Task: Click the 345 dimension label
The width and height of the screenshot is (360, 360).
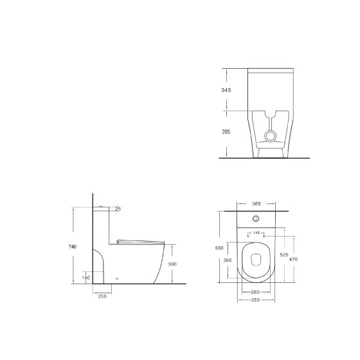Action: (226, 90)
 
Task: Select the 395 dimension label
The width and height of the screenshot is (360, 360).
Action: (226, 132)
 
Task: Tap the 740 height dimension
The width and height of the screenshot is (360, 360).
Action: (73, 247)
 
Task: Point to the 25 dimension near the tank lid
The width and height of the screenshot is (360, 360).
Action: (118, 209)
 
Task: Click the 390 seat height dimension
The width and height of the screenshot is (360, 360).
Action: (172, 264)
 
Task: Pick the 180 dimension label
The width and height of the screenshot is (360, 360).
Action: (86, 278)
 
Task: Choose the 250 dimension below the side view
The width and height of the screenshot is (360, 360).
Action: (102, 296)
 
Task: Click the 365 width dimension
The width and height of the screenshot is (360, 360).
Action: (256, 204)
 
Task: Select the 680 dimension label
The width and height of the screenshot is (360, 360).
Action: (219, 248)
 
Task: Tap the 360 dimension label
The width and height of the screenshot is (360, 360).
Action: (228, 260)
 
